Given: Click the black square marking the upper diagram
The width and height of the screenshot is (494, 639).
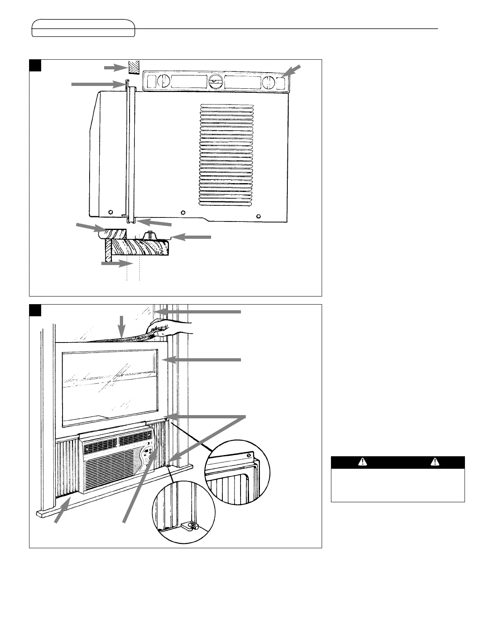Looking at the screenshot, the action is [x=36, y=65].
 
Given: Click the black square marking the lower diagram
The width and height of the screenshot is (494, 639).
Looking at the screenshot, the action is [x=36, y=310].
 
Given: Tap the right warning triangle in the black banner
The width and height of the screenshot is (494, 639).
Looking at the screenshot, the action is [x=435, y=462].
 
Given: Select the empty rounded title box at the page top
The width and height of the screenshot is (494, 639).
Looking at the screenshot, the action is [x=84, y=28].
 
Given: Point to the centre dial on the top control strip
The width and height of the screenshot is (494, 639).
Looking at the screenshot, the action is [x=215, y=82].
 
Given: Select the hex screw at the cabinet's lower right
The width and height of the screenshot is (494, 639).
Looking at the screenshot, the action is [x=259, y=215].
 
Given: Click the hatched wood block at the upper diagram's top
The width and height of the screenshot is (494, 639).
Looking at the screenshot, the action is [x=132, y=68].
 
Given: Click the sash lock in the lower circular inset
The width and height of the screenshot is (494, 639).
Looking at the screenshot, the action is [x=190, y=526].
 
